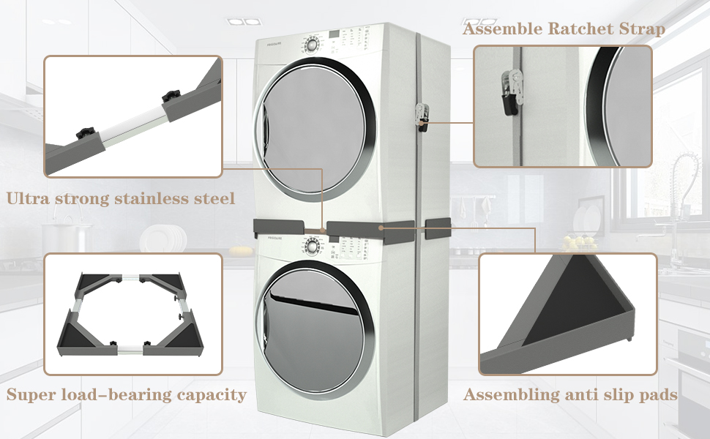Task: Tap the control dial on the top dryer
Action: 313,43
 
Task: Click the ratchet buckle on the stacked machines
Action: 422,115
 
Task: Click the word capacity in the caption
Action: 212,395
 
